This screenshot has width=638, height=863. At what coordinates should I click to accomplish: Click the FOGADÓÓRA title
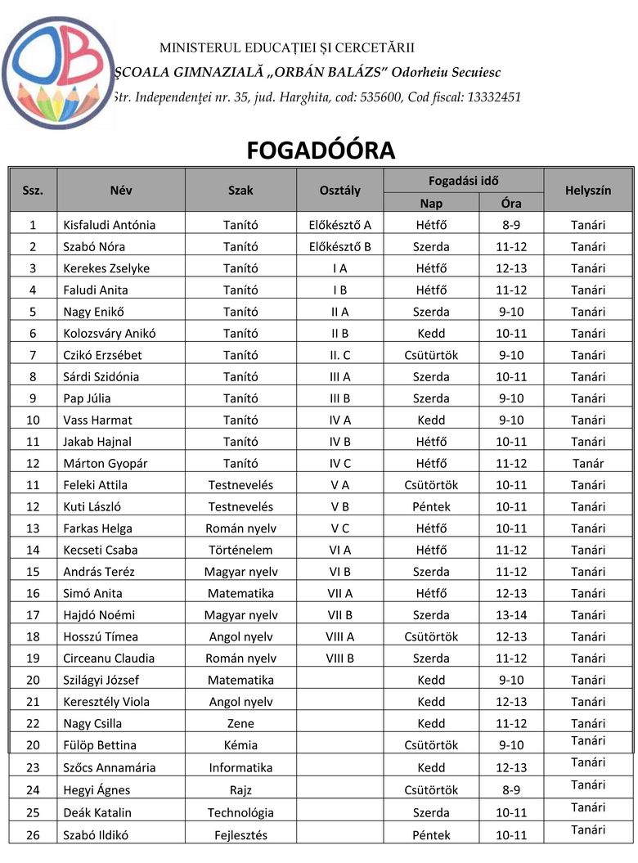321,151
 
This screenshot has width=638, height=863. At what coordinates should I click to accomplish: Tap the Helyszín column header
588,191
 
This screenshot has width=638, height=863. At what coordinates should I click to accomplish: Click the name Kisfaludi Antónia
109,225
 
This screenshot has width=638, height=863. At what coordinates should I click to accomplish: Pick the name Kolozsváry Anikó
109,333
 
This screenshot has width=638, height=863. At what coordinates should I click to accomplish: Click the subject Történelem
240,550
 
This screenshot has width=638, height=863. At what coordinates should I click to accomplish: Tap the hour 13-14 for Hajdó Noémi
511,614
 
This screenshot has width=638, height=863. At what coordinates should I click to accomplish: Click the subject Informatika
240,767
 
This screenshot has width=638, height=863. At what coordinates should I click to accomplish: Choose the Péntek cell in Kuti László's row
432,506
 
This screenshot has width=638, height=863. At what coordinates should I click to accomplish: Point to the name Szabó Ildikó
96,835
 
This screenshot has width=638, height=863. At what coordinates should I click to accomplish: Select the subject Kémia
240,745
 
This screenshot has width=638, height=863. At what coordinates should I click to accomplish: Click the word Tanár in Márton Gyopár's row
588,463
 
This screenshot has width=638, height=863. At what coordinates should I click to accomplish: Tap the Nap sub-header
431,203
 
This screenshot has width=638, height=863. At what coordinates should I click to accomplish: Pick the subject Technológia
240,813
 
